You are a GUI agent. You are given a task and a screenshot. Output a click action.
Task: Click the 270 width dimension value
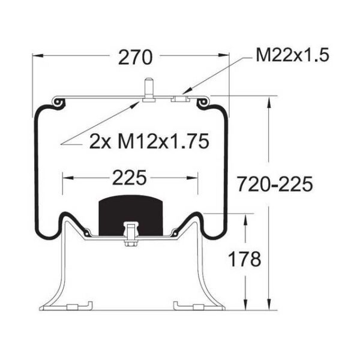click(x=135, y=57)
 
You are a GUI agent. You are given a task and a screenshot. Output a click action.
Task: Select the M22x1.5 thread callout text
click(x=293, y=55)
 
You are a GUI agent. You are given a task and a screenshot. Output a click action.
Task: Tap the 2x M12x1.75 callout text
click(x=149, y=141)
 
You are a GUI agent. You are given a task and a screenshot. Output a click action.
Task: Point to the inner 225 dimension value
click(x=129, y=178)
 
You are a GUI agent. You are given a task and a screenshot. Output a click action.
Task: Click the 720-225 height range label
click(x=275, y=184)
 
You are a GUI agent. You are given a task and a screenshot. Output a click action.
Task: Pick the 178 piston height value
click(x=245, y=259)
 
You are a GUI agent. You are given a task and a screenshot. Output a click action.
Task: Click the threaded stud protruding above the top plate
click(x=149, y=90)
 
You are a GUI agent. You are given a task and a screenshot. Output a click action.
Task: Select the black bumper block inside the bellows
click(x=131, y=215)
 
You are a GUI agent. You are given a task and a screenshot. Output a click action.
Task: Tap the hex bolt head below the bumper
click(x=131, y=243)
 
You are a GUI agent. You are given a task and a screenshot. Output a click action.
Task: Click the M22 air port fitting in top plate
click(x=180, y=99)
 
